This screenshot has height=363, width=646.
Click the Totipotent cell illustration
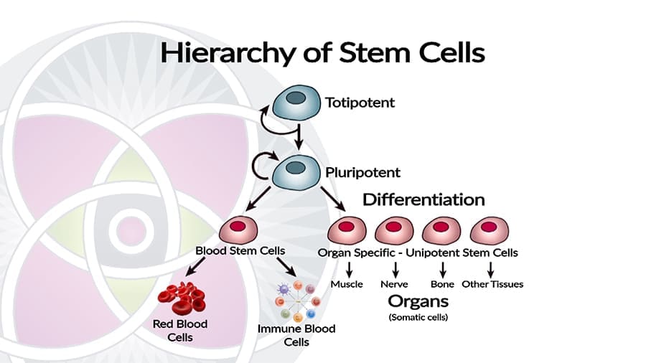[294, 103]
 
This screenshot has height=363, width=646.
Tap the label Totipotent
[360, 103]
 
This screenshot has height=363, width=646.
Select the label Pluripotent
[362, 172]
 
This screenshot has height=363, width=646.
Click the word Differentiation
[423, 199]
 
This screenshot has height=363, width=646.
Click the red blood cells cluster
[182, 298]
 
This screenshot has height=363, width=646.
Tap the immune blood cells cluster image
[296, 303]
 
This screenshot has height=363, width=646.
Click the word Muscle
[347, 284]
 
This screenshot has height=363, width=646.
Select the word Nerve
[394, 284]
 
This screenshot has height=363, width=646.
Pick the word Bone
[442, 284]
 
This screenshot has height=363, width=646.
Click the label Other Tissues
[492, 284]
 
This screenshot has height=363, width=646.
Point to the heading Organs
[418, 301]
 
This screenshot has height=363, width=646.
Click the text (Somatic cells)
[418, 316]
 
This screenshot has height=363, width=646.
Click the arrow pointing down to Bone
[442, 269]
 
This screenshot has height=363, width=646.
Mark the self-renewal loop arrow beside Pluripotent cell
[261, 166]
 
